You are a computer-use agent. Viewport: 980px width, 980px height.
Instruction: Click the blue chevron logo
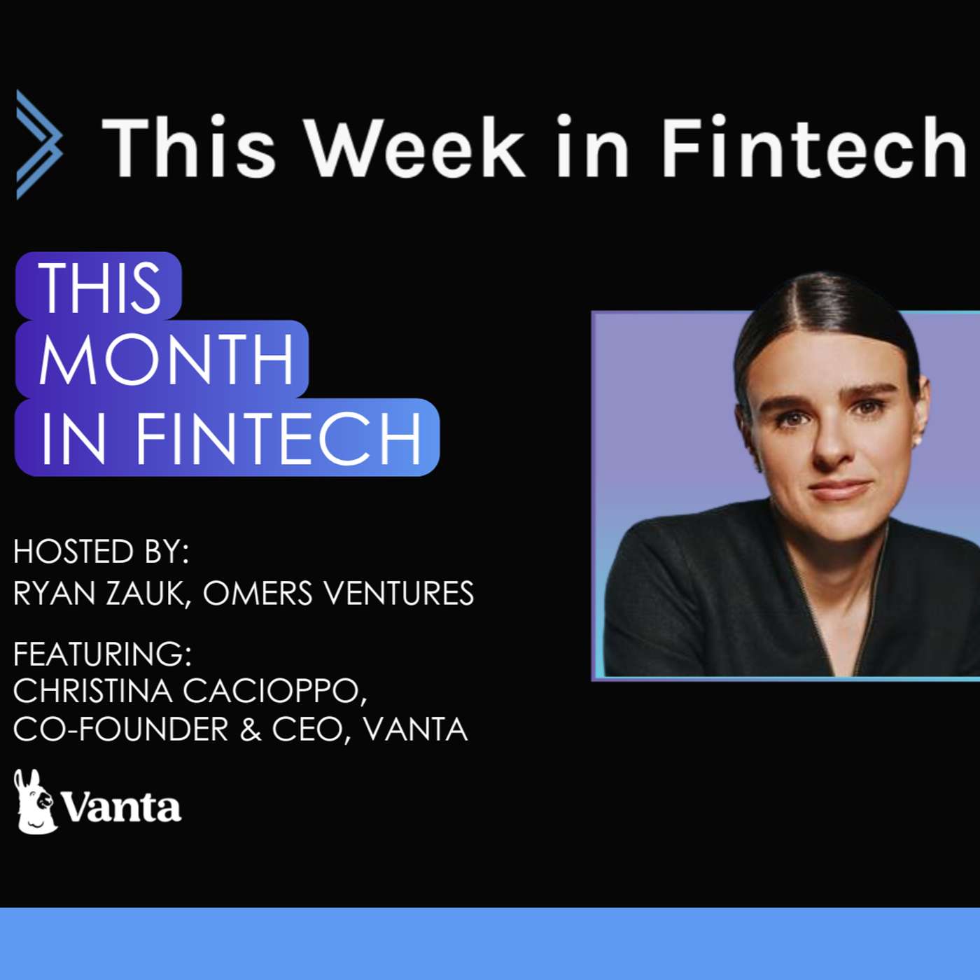click(x=39, y=145)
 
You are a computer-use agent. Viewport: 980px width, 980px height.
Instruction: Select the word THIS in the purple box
click(x=99, y=288)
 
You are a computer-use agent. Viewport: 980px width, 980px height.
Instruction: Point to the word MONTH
click(x=166, y=359)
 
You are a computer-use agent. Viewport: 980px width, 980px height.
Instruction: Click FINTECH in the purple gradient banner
click(x=279, y=438)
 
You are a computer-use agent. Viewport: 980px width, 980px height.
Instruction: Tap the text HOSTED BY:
click(x=101, y=552)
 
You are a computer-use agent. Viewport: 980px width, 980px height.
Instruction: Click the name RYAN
click(x=55, y=594)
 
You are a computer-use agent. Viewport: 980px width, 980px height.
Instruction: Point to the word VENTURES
click(x=400, y=594)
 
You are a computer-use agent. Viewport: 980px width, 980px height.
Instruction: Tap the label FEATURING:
click(x=102, y=654)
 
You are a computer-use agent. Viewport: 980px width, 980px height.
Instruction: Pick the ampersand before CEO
click(x=251, y=729)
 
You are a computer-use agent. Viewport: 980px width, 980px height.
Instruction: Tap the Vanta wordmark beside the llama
click(x=121, y=807)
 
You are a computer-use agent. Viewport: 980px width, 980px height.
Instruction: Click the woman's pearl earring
click(x=918, y=442)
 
